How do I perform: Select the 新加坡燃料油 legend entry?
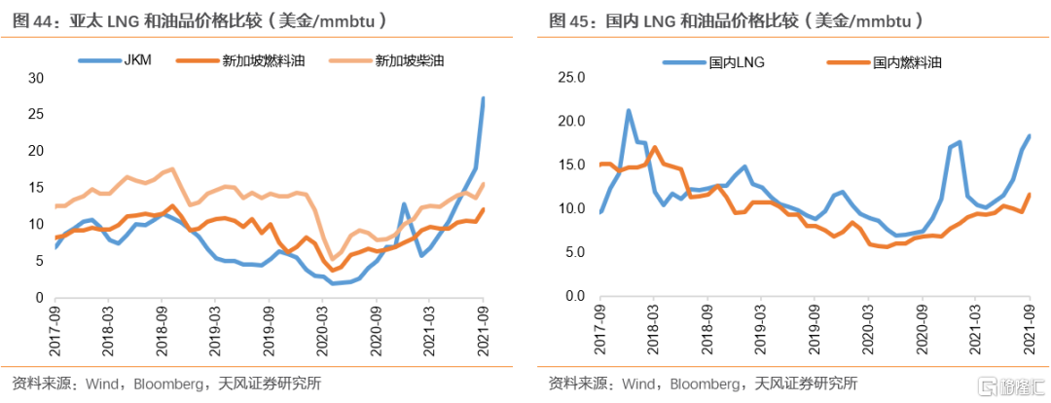click(x=248, y=59)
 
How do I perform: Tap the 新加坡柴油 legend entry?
click(x=403, y=59)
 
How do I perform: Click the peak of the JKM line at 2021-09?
click(x=483, y=98)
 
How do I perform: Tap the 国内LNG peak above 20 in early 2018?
click(x=628, y=111)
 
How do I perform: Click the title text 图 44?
click(x=29, y=19)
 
